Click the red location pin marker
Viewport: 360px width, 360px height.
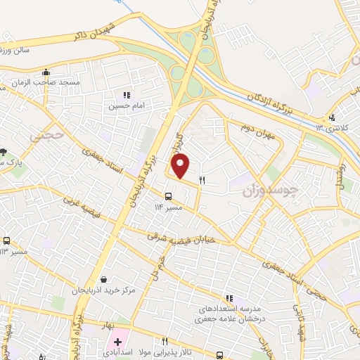click(x=181, y=166)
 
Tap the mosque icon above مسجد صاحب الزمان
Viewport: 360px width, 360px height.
click(x=47, y=72)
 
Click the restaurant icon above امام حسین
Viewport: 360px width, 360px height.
click(x=127, y=95)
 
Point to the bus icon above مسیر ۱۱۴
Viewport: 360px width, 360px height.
click(x=169, y=196)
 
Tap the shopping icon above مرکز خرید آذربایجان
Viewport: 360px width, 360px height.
click(x=105, y=279)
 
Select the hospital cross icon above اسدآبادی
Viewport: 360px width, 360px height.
click(x=117, y=341)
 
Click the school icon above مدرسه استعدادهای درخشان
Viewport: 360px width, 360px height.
click(x=229, y=298)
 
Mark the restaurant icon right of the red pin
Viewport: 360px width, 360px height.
click(x=202, y=180)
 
